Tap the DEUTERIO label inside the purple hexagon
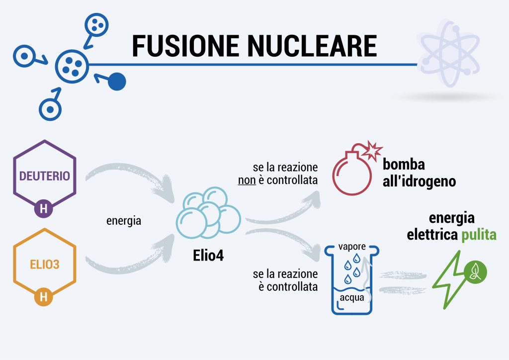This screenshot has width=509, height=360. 44,176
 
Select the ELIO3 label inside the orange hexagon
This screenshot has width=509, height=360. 44,265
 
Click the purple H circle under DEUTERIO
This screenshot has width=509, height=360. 44,209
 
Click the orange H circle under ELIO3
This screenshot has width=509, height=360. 44,297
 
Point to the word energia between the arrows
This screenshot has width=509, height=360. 124,221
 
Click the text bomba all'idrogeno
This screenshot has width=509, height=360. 419,173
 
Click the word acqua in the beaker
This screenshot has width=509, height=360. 352,298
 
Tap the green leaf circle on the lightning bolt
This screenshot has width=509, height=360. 476,271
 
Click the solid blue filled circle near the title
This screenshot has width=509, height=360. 117,82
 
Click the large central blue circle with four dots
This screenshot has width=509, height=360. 71,66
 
